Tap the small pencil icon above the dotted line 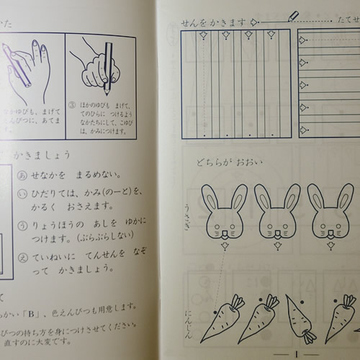pyautogui.click(x=293, y=15)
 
